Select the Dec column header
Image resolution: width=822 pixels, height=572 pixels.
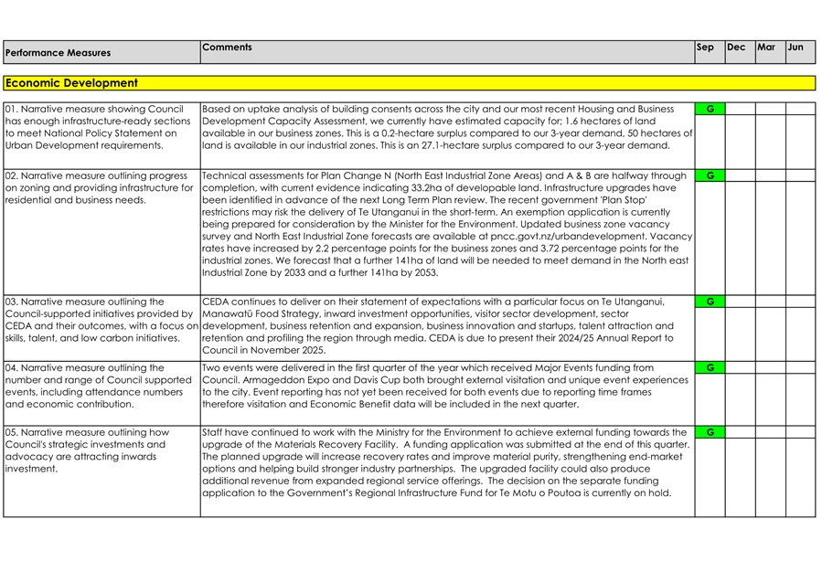pyautogui.click(x=736, y=47)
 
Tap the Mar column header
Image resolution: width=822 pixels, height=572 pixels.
pyautogui.click(x=766, y=47)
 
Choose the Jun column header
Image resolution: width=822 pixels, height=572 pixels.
pyautogui.click(x=795, y=47)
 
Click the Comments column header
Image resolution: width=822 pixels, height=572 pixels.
pyautogui.click(x=227, y=46)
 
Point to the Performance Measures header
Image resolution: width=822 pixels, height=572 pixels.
pyautogui.click(x=58, y=53)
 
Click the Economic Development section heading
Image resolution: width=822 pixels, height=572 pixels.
pyautogui.click(x=71, y=83)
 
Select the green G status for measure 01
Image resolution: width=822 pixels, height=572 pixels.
pyautogui.click(x=710, y=109)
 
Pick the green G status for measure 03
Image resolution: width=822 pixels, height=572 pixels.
pyautogui.click(x=710, y=302)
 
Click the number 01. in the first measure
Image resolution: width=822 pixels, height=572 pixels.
pyautogui.click(x=13, y=109)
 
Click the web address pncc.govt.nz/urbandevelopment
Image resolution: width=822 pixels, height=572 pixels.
pyautogui.click(x=592, y=236)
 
